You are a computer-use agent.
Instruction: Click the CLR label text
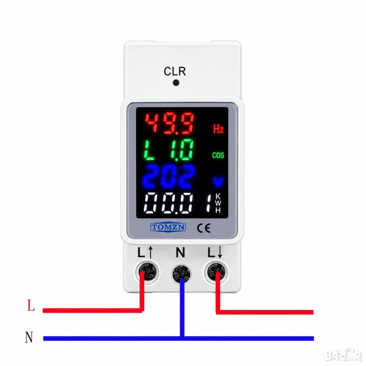175,71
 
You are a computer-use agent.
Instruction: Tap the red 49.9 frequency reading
169,124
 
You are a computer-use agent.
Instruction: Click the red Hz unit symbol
218,128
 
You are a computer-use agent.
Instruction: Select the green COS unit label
218,155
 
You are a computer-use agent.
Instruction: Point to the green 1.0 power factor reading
182,150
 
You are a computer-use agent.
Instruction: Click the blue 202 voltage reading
169,176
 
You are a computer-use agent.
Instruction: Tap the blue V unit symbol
218,182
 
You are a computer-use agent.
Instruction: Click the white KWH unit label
218,203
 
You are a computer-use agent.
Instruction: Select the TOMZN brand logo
168,227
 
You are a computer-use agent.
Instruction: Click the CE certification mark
204,228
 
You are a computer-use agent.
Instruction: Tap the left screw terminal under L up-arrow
147,272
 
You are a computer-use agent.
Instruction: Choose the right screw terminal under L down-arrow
216,272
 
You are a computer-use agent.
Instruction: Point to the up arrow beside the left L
150,252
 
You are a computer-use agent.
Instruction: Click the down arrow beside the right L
220,252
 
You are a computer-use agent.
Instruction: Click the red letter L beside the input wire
31,305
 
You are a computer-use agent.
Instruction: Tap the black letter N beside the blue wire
29,337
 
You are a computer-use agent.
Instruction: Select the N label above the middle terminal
180,252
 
